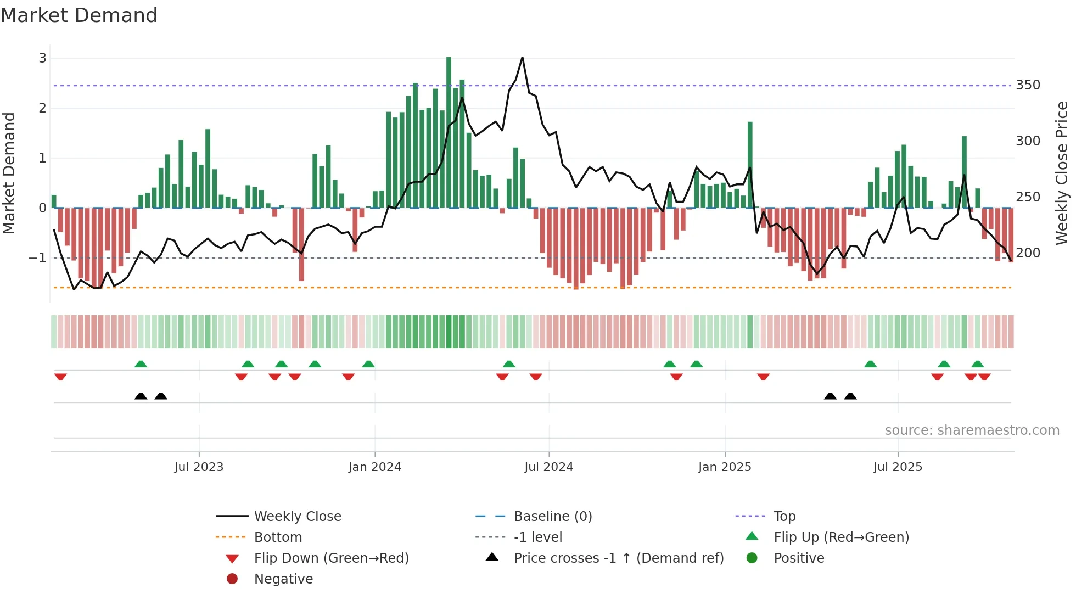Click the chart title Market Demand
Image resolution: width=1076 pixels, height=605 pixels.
point(79,15)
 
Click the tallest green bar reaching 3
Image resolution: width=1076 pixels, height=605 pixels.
point(449,132)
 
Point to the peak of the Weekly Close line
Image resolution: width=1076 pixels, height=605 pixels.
point(522,58)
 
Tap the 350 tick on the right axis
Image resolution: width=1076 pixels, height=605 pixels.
point(1028,85)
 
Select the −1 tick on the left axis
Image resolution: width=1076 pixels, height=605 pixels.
point(37,257)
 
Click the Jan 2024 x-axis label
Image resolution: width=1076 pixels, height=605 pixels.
point(374,467)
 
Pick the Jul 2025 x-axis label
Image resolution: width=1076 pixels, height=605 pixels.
point(898,467)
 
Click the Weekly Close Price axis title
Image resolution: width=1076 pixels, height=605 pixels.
point(1062,173)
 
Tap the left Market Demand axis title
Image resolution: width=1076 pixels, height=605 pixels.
point(9,173)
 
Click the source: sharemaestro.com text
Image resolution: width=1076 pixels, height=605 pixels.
point(972,430)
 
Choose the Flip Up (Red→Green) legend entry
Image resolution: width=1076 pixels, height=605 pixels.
point(841,537)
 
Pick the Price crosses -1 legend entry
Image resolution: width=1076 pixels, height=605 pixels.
point(618,558)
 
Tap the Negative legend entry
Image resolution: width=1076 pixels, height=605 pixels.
point(283,579)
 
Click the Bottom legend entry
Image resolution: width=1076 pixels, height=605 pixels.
point(278,537)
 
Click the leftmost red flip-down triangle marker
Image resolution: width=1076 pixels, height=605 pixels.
point(60,377)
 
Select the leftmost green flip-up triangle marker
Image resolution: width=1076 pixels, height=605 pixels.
point(141,364)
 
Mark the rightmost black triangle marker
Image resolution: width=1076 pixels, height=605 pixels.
point(850,396)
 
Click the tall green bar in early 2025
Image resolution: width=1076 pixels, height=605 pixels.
point(750,165)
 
